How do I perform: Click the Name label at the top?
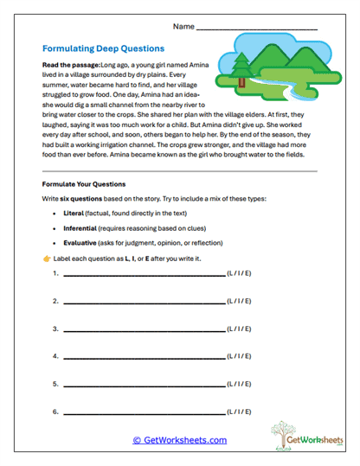pyautogui.click(x=183, y=27)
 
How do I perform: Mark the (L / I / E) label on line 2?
pyautogui.click(x=240, y=302)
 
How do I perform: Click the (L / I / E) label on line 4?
pyautogui.click(x=240, y=357)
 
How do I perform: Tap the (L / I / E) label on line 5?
pyautogui.click(x=240, y=385)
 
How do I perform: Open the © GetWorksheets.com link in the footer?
pyautogui.click(x=179, y=440)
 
